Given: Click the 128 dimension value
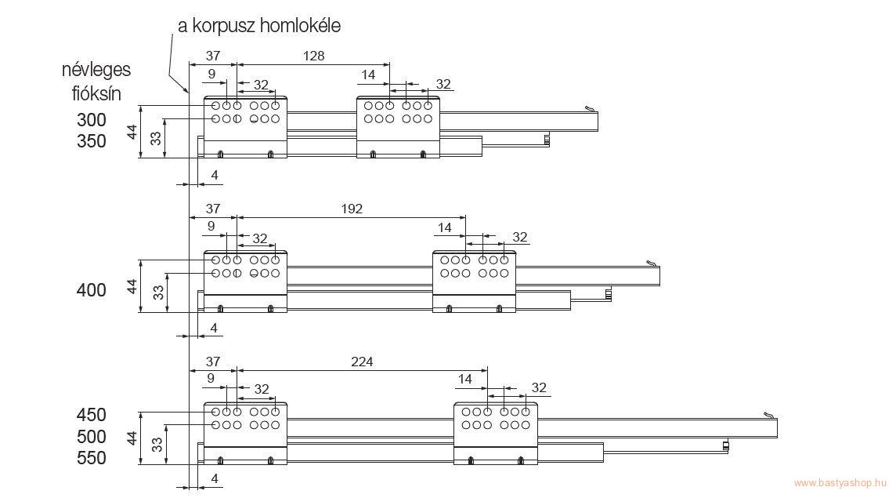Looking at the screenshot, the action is [314, 56].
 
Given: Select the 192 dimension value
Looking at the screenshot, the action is [352, 209].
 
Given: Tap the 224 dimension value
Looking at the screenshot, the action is [362, 362].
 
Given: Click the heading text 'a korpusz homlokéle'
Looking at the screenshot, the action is [259, 26].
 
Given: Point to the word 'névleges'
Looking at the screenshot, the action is [96, 70].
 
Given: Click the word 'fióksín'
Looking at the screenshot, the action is [96, 93].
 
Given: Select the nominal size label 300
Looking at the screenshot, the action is [92, 120].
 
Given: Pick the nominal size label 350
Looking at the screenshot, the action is [92, 141].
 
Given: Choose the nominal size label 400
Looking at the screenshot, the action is [92, 290].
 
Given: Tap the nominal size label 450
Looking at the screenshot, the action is [92, 415].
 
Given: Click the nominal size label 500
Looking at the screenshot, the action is [92, 437].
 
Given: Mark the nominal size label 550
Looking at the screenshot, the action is [92, 458].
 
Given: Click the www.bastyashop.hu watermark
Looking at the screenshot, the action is [840, 483].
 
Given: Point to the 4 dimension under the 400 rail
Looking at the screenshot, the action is [215, 328].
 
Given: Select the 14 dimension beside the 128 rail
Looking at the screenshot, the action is [368, 75].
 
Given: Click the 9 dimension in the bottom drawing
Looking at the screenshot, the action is [211, 378].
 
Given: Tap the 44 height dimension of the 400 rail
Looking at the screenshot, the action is [132, 286].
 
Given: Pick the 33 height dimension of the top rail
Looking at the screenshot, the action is [156, 138].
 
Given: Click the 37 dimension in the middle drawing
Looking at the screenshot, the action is [212, 209].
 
